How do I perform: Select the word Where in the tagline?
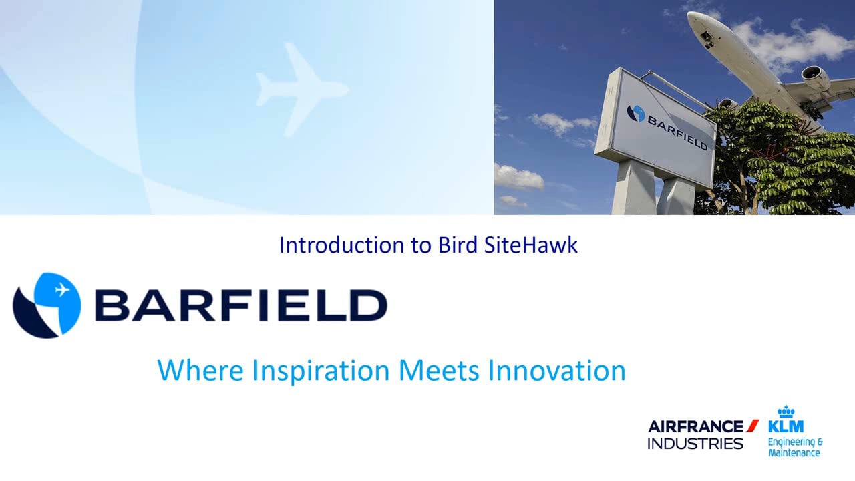point(200,370)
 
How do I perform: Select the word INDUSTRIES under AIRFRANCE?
point(695,444)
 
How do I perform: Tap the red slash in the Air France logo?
point(753,425)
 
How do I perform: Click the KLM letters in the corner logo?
point(786,426)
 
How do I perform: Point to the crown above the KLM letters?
point(786,411)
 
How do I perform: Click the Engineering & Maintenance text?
point(794,447)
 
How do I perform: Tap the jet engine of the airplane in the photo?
point(816,79)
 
